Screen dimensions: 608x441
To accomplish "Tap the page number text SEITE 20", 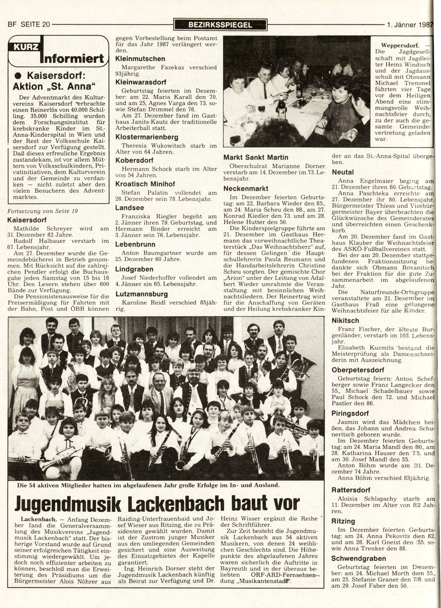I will point(35,24).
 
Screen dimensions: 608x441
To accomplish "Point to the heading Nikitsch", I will point(345,320).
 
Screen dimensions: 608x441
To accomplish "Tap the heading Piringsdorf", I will point(350,413).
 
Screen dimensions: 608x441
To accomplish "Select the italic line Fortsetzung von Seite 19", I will point(43,211).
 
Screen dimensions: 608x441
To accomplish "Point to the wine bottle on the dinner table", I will point(280,110).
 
